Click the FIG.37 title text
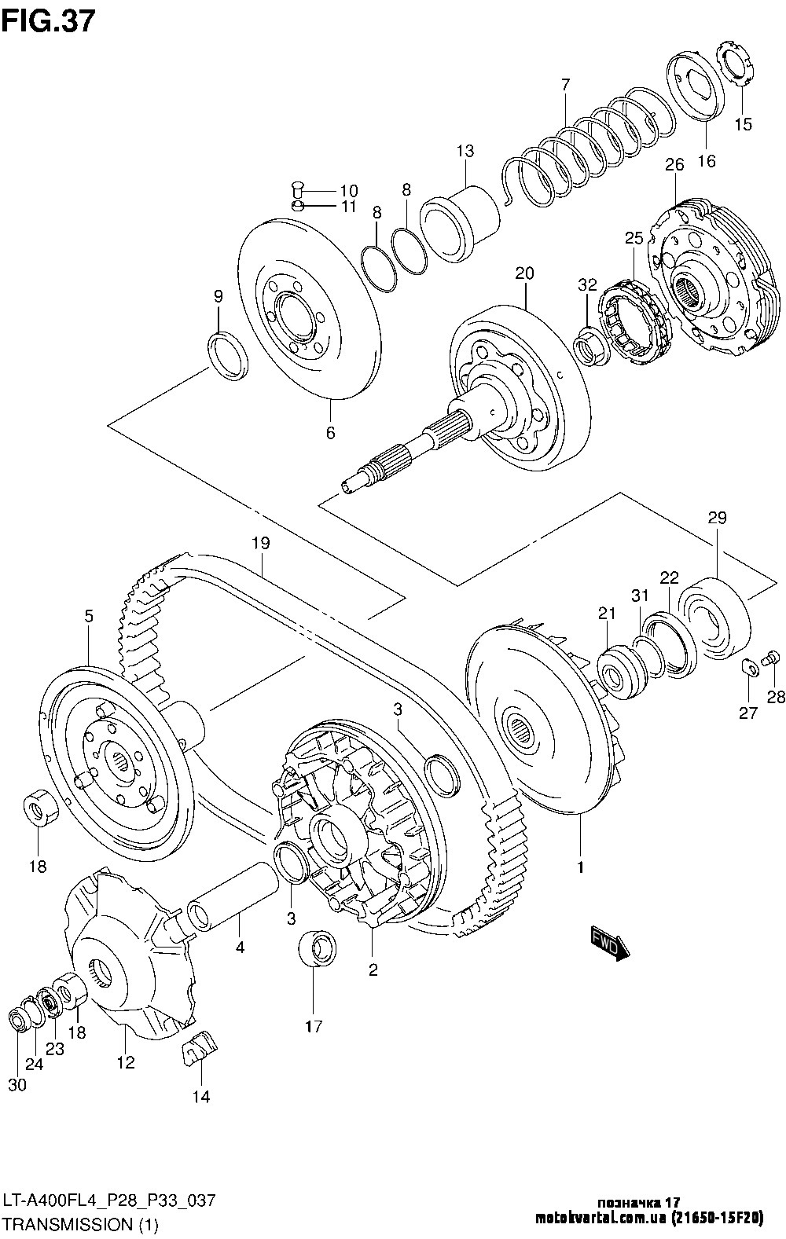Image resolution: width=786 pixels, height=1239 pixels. [49, 23]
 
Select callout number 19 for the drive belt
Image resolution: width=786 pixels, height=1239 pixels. [260, 543]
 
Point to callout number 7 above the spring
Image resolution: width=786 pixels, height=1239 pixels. [565, 85]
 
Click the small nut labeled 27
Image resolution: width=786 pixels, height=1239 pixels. [748, 668]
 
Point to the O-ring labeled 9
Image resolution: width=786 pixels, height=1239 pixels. [227, 356]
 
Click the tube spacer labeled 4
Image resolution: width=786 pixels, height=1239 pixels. [233, 900]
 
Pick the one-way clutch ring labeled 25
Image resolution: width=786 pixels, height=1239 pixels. [637, 321]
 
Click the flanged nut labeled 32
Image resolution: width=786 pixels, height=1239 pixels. [591, 346]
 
